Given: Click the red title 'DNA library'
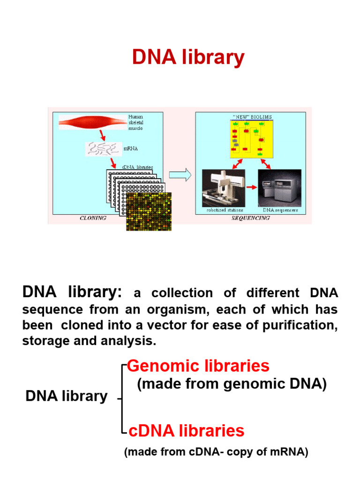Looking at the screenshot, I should [x=188, y=58].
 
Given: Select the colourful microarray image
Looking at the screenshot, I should [x=149, y=211].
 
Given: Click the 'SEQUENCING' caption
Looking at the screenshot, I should [x=251, y=218].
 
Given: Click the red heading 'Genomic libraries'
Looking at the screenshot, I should [x=198, y=366].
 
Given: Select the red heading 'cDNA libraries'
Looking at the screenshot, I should [x=186, y=430].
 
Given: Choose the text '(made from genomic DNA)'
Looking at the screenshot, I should [x=232, y=384].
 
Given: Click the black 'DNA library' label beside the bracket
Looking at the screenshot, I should [x=67, y=396].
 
